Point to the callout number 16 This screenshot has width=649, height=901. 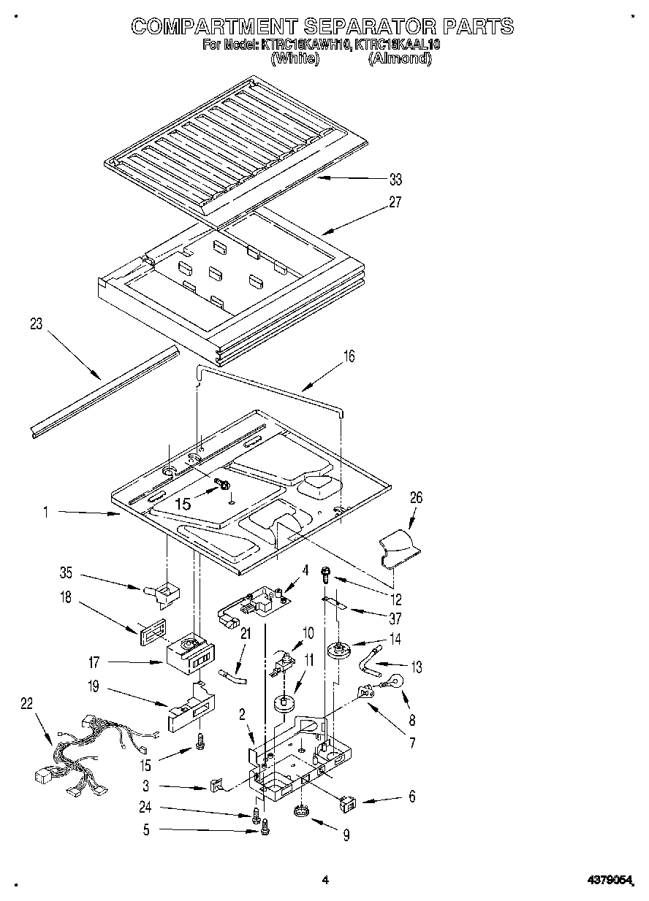click(x=349, y=356)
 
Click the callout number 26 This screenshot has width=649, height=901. click(x=416, y=498)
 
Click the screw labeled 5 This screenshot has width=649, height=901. click(x=265, y=828)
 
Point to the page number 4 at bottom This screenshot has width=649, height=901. click(x=325, y=881)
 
